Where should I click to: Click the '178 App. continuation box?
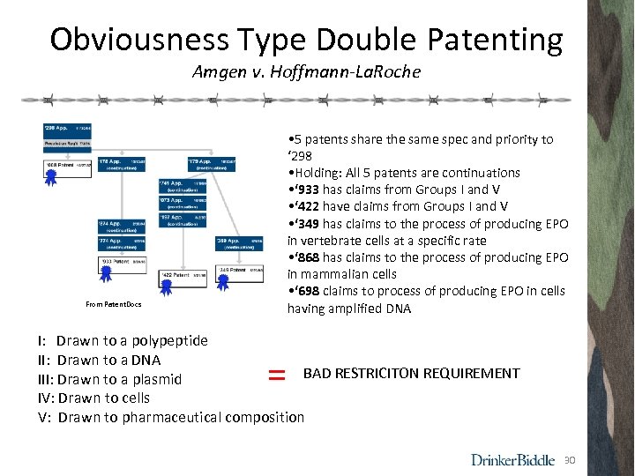pyautogui.click(x=121, y=166)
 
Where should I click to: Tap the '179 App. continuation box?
pyautogui.click(x=211, y=166)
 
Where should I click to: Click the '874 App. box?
pyautogui.click(x=122, y=227)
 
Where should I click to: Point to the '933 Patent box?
pyautogui.click(x=122, y=263)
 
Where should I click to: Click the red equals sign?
pyautogui.click(x=276, y=375)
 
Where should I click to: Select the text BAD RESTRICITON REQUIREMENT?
pyautogui.click(x=411, y=374)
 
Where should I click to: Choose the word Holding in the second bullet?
pyautogui.click(x=319, y=173)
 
